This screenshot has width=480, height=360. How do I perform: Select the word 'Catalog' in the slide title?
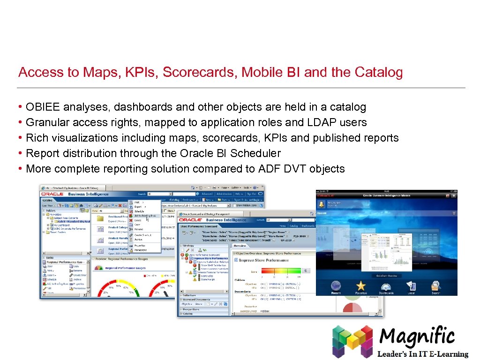pyautogui.click(x=379, y=72)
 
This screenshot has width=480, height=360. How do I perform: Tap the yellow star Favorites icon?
pyautogui.click(x=360, y=285)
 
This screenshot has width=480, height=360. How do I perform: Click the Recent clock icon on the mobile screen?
pyautogui.click(x=336, y=285)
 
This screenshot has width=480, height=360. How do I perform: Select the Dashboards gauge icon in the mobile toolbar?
pyautogui.click(x=386, y=285)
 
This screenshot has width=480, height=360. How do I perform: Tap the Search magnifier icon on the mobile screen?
pyautogui.click(x=436, y=285)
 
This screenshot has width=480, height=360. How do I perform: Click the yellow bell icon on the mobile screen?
pyautogui.click(x=322, y=203)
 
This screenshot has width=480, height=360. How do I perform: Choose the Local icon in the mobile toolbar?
pyautogui.click(x=411, y=285)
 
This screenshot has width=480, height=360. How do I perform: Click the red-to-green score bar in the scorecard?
pyautogui.click(x=280, y=270)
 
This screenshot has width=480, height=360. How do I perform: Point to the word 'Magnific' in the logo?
pyautogui.click(x=417, y=337)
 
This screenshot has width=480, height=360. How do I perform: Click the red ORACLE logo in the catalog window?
pyautogui.click(x=52, y=194)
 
